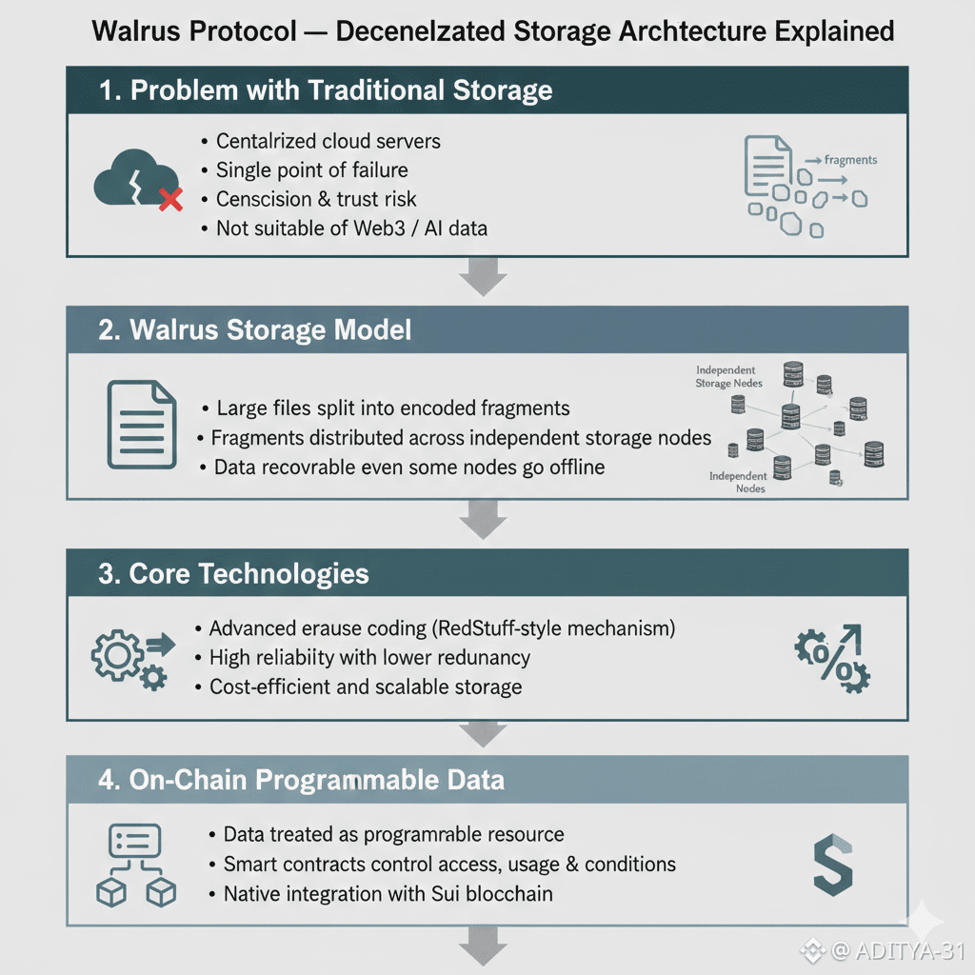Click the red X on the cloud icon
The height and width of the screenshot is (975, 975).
coord(170,199)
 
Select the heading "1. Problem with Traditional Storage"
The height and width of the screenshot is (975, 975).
coord(327,90)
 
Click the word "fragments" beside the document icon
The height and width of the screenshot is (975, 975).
coord(850,160)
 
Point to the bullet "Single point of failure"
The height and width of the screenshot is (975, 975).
coord(311,170)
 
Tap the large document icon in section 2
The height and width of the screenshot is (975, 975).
coord(141,425)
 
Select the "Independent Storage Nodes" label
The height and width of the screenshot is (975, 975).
coord(726,376)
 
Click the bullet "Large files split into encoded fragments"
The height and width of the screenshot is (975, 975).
coord(393,408)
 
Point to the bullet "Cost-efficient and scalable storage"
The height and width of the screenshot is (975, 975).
coord(365,686)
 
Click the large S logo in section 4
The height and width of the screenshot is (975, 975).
coord(831,866)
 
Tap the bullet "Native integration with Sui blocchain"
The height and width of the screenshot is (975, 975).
coord(388,894)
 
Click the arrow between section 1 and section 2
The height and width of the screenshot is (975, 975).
coord(483,280)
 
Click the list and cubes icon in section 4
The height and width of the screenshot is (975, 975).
coord(136,865)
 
